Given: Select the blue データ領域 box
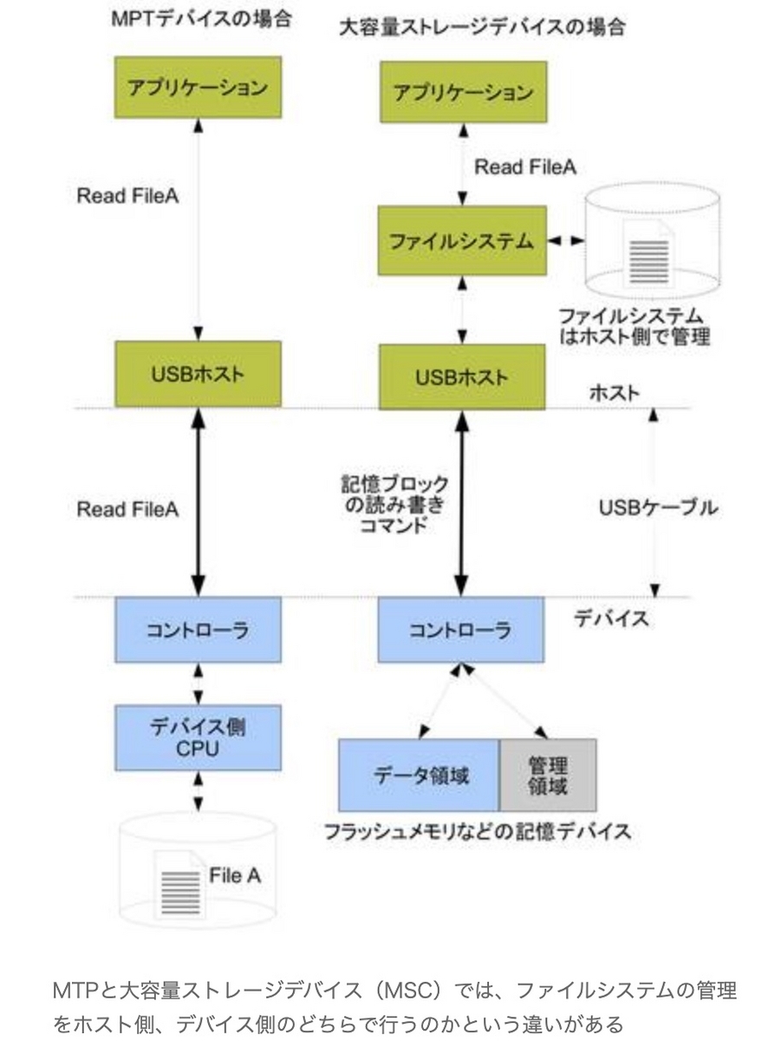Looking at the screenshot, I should point(419,775).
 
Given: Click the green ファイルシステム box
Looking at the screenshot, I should point(461,242).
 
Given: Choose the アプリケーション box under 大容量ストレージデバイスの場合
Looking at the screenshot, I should point(461,92).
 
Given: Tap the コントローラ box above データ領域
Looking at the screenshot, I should point(461,628).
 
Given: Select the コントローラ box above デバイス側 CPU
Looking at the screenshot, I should point(198,628).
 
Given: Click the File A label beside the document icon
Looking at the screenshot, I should point(234,875).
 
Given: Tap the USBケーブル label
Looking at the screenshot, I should point(658,508).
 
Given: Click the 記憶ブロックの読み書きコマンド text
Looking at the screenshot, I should point(394,504).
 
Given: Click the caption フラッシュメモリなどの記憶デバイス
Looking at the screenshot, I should point(477,831).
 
